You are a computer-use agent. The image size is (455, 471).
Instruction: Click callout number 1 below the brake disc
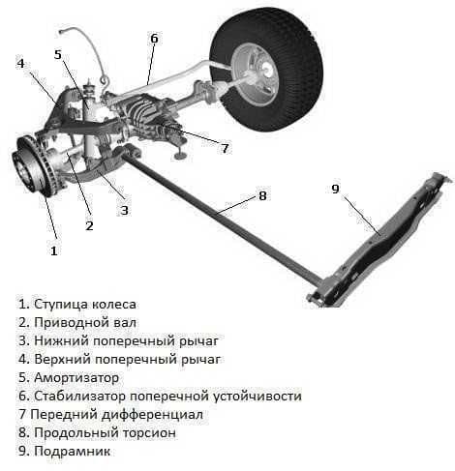pyautogui.click(x=54, y=250)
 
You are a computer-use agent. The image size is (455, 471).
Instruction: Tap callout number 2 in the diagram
pyautogui.click(x=89, y=225)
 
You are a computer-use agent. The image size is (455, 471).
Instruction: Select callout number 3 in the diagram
pyautogui.click(x=125, y=211)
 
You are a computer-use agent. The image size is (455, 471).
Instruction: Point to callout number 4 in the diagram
pyautogui.click(x=20, y=63)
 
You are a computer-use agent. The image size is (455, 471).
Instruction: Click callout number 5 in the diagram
pyautogui.click(x=58, y=54)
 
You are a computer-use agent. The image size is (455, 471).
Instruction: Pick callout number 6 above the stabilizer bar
pyautogui.click(x=154, y=39)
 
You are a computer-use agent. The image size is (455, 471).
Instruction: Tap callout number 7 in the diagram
pyautogui.click(x=225, y=148)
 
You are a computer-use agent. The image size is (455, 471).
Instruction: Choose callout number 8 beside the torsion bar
pyautogui.click(x=262, y=195)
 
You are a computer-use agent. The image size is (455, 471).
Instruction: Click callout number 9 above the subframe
pyautogui.click(x=336, y=189)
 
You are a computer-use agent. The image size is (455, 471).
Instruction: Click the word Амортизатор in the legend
pyautogui.click(x=76, y=377)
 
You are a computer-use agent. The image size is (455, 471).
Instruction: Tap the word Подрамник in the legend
pyautogui.click(x=72, y=451)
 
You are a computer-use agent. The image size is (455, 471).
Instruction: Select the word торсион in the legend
pyautogui.click(x=149, y=432)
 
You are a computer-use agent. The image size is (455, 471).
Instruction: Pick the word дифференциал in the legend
pyautogui.click(x=152, y=415)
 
